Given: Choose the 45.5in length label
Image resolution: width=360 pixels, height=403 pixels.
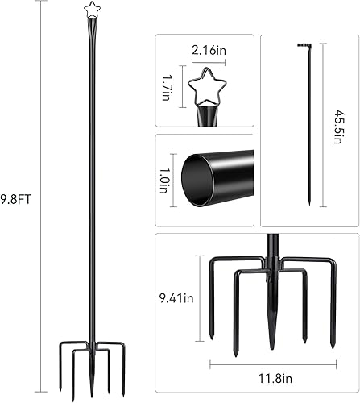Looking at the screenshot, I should tap(336, 127).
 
